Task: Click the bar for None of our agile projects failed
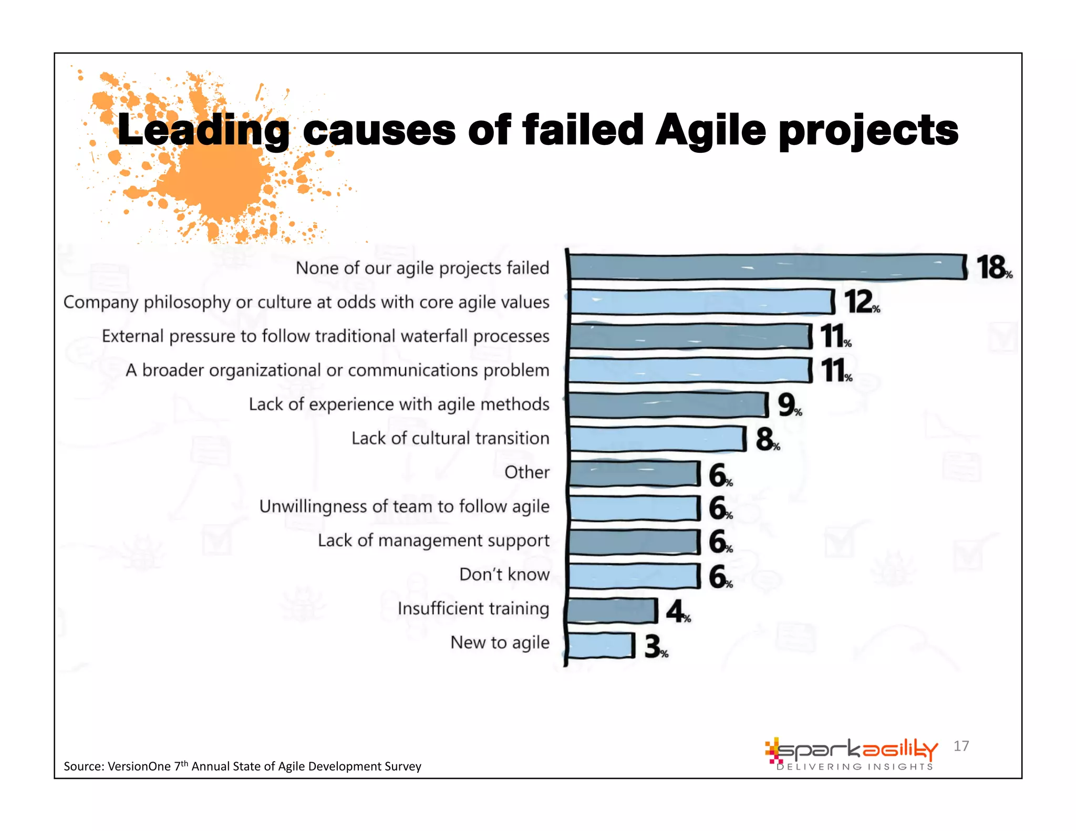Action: (x=767, y=267)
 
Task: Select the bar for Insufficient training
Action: (x=612, y=610)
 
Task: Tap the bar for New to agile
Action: (x=601, y=645)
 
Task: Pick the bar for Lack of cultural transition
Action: (x=657, y=439)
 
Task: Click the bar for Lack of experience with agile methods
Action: (x=668, y=405)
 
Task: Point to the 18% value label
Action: (x=993, y=268)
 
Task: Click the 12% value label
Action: (x=861, y=302)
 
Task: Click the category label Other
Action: (x=526, y=472)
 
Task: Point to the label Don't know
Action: (x=504, y=574)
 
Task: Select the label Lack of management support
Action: (x=433, y=541)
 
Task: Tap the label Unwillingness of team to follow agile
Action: (x=404, y=506)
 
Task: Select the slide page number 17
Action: (x=961, y=746)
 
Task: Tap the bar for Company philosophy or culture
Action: (x=701, y=302)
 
